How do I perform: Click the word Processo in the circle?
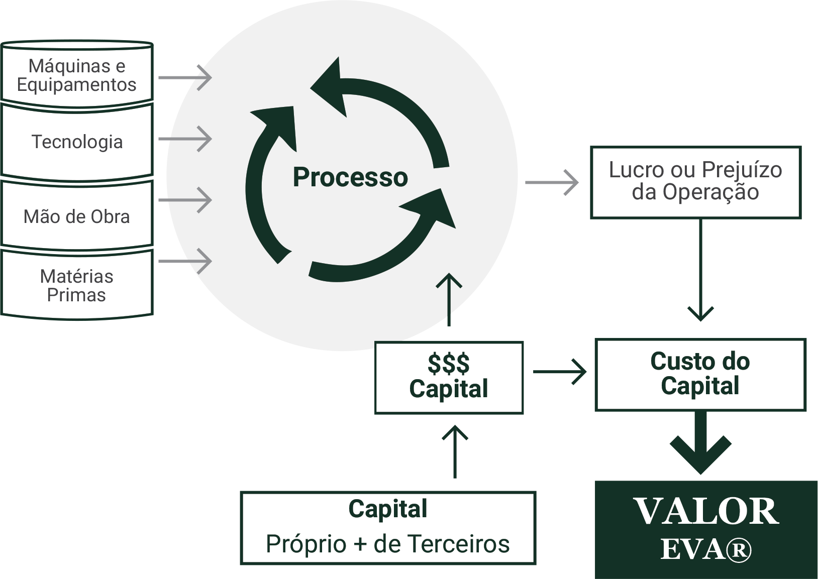(350, 177)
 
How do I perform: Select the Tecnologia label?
(77, 142)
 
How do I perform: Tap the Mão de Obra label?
(77, 216)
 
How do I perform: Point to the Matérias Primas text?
(77, 286)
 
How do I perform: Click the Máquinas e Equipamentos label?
(77, 75)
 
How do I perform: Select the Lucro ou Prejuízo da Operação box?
(696, 182)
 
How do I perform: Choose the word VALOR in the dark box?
(706, 512)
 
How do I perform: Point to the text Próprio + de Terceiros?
(388, 544)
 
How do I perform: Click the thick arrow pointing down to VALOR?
(701, 443)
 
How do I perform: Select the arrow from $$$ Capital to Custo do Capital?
(560, 372)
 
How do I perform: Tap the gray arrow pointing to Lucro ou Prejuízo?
(552, 182)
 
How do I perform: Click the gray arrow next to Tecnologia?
(185, 139)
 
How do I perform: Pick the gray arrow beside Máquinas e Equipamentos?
(185, 78)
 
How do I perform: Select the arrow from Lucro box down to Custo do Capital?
(701, 270)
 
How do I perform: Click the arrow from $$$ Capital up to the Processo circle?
(449, 299)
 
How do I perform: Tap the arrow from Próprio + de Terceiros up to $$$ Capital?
(455, 451)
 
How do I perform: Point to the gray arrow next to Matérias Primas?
(185, 261)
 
